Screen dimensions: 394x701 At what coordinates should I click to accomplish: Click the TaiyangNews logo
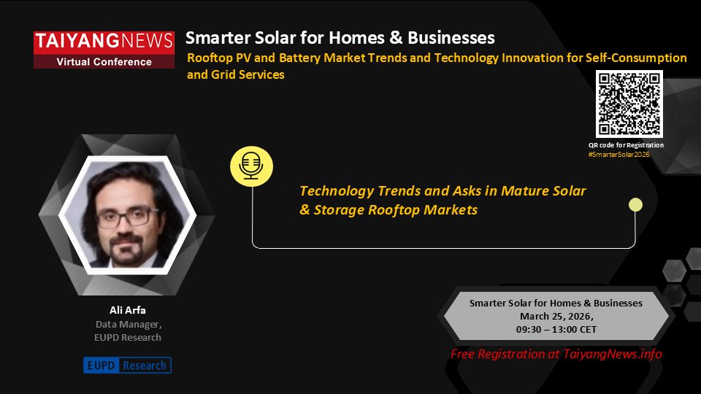coord(104,42)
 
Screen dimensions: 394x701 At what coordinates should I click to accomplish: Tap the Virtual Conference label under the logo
coord(104,62)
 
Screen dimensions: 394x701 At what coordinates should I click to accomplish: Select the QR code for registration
coord(629,104)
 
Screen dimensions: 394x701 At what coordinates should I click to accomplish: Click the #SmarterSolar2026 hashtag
coord(618,155)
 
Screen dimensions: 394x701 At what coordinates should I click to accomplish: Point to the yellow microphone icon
coord(250,164)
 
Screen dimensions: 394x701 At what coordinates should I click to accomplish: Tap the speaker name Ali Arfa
coord(128,309)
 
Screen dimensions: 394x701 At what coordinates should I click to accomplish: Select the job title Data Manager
coord(129,324)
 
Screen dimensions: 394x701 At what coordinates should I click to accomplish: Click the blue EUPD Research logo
coord(127,365)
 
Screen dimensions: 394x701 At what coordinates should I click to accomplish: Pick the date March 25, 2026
coord(556,316)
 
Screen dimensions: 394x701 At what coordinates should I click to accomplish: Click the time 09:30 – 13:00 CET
coord(556,329)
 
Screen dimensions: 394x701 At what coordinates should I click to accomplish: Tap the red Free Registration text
coord(556,354)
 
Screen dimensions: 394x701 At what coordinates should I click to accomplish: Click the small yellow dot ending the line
coord(635,205)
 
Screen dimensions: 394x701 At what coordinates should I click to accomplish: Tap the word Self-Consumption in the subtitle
coord(637,58)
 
